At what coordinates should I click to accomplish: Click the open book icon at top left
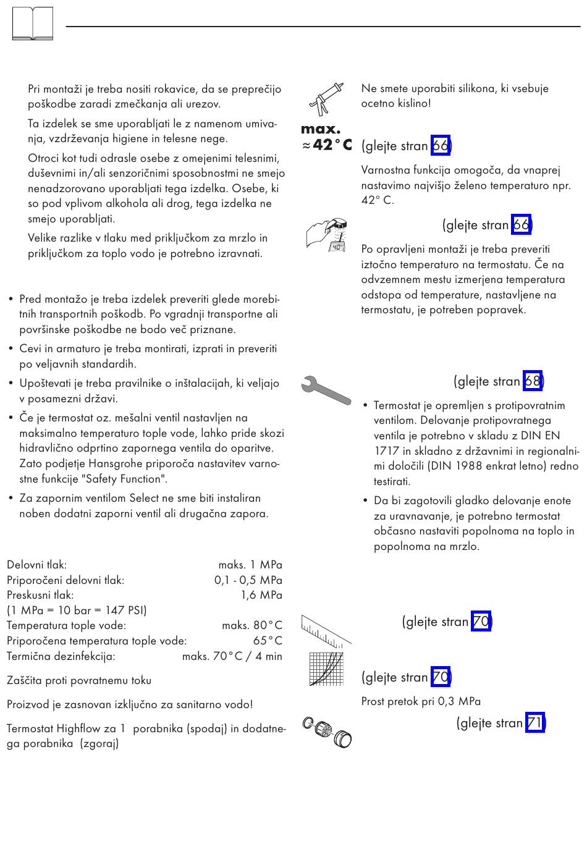pyautogui.click(x=32, y=25)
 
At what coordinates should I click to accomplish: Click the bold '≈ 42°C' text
pyautogui.click(x=327, y=145)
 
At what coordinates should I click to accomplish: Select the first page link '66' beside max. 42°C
pyautogui.click(x=440, y=146)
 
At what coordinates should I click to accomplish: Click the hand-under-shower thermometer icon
pyautogui.click(x=326, y=234)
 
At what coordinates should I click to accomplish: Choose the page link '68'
pyautogui.click(x=532, y=381)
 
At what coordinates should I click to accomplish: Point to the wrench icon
pyautogui.click(x=326, y=389)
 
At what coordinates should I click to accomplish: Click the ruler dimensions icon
pyautogui.click(x=326, y=629)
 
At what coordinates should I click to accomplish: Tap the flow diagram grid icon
pyautogui.click(x=326, y=669)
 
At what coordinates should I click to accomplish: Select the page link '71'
pyautogui.click(x=534, y=723)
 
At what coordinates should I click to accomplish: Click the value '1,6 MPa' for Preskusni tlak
pyautogui.click(x=261, y=595)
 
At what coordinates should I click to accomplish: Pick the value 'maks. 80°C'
pyautogui.click(x=252, y=625)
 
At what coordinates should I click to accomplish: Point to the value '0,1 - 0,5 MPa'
pyautogui.click(x=248, y=580)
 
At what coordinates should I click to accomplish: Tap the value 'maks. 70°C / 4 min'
pyautogui.click(x=232, y=656)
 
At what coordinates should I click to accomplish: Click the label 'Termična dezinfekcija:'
pyautogui.click(x=61, y=656)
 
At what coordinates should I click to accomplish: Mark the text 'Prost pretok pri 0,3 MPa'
pyautogui.click(x=421, y=701)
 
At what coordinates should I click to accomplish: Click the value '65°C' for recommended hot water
pyautogui.click(x=268, y=641)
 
